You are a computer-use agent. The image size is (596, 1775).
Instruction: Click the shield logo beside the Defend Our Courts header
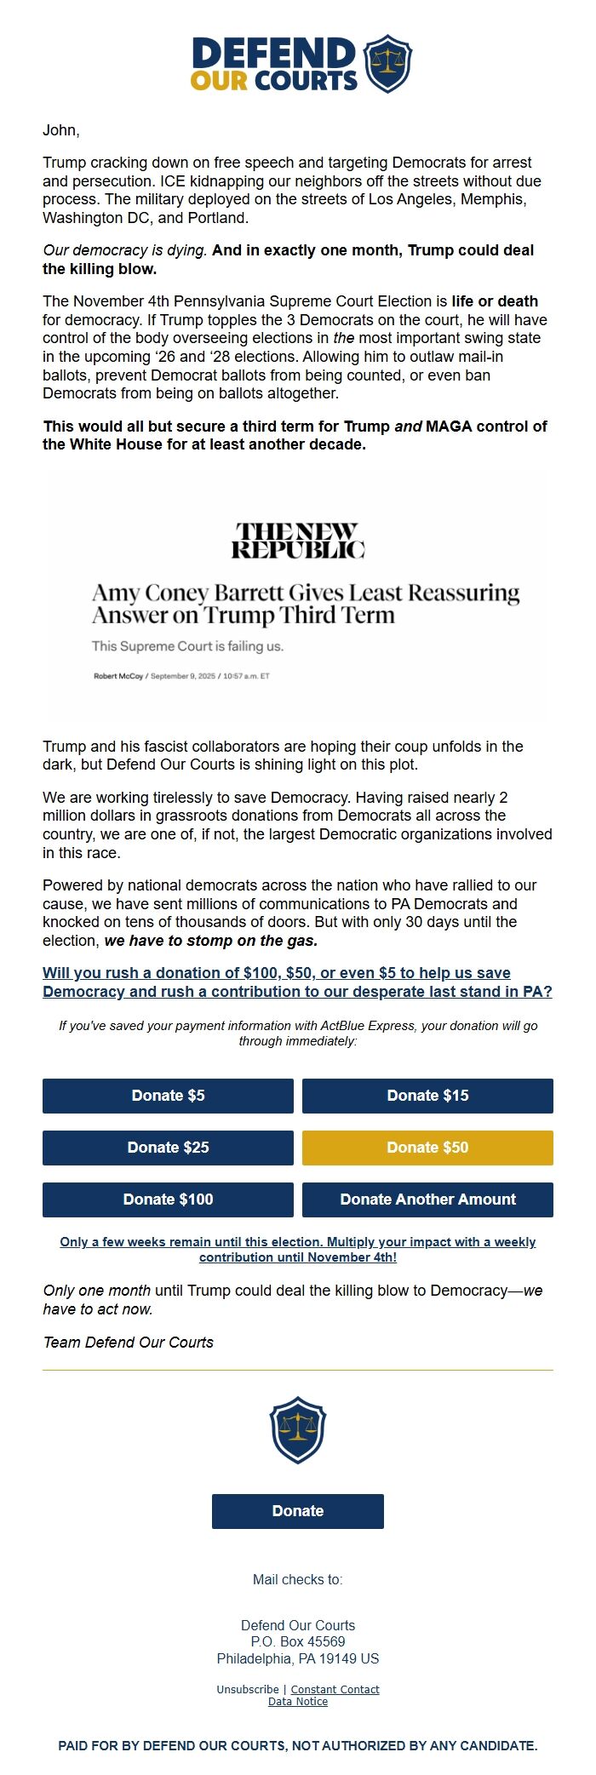pos(387,64)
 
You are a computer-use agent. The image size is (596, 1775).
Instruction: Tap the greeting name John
pos(60,130)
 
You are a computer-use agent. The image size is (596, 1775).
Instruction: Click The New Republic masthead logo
pos(297,541)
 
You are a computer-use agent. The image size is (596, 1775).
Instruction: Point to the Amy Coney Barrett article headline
pos(305,604)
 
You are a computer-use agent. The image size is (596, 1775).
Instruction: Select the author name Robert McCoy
pos(118,676)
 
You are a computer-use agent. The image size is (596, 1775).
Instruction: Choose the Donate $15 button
pos(427,1096)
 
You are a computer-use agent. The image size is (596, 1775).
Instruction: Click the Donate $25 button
pos(168,1148)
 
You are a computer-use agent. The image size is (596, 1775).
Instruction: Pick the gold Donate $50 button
pos(427,1148)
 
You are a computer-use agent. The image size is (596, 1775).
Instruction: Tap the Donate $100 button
pos(168,1200)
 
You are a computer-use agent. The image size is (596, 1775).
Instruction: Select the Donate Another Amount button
pos(427,1200)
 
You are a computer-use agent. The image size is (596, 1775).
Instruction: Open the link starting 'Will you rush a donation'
pos(297,982)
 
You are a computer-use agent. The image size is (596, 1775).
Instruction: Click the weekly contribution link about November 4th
pos(297,1250)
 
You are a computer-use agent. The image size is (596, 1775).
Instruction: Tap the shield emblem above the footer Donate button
pos(297,1429)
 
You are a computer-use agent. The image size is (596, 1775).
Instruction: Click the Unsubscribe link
pos(247,1689)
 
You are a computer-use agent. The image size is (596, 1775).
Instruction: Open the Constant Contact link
pos(335,1689)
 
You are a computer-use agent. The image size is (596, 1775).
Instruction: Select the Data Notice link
pos(297,1701)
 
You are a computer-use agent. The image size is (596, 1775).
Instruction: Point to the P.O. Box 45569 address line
pos(297,1641)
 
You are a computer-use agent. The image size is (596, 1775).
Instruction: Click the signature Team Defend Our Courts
pos(128,1343)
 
